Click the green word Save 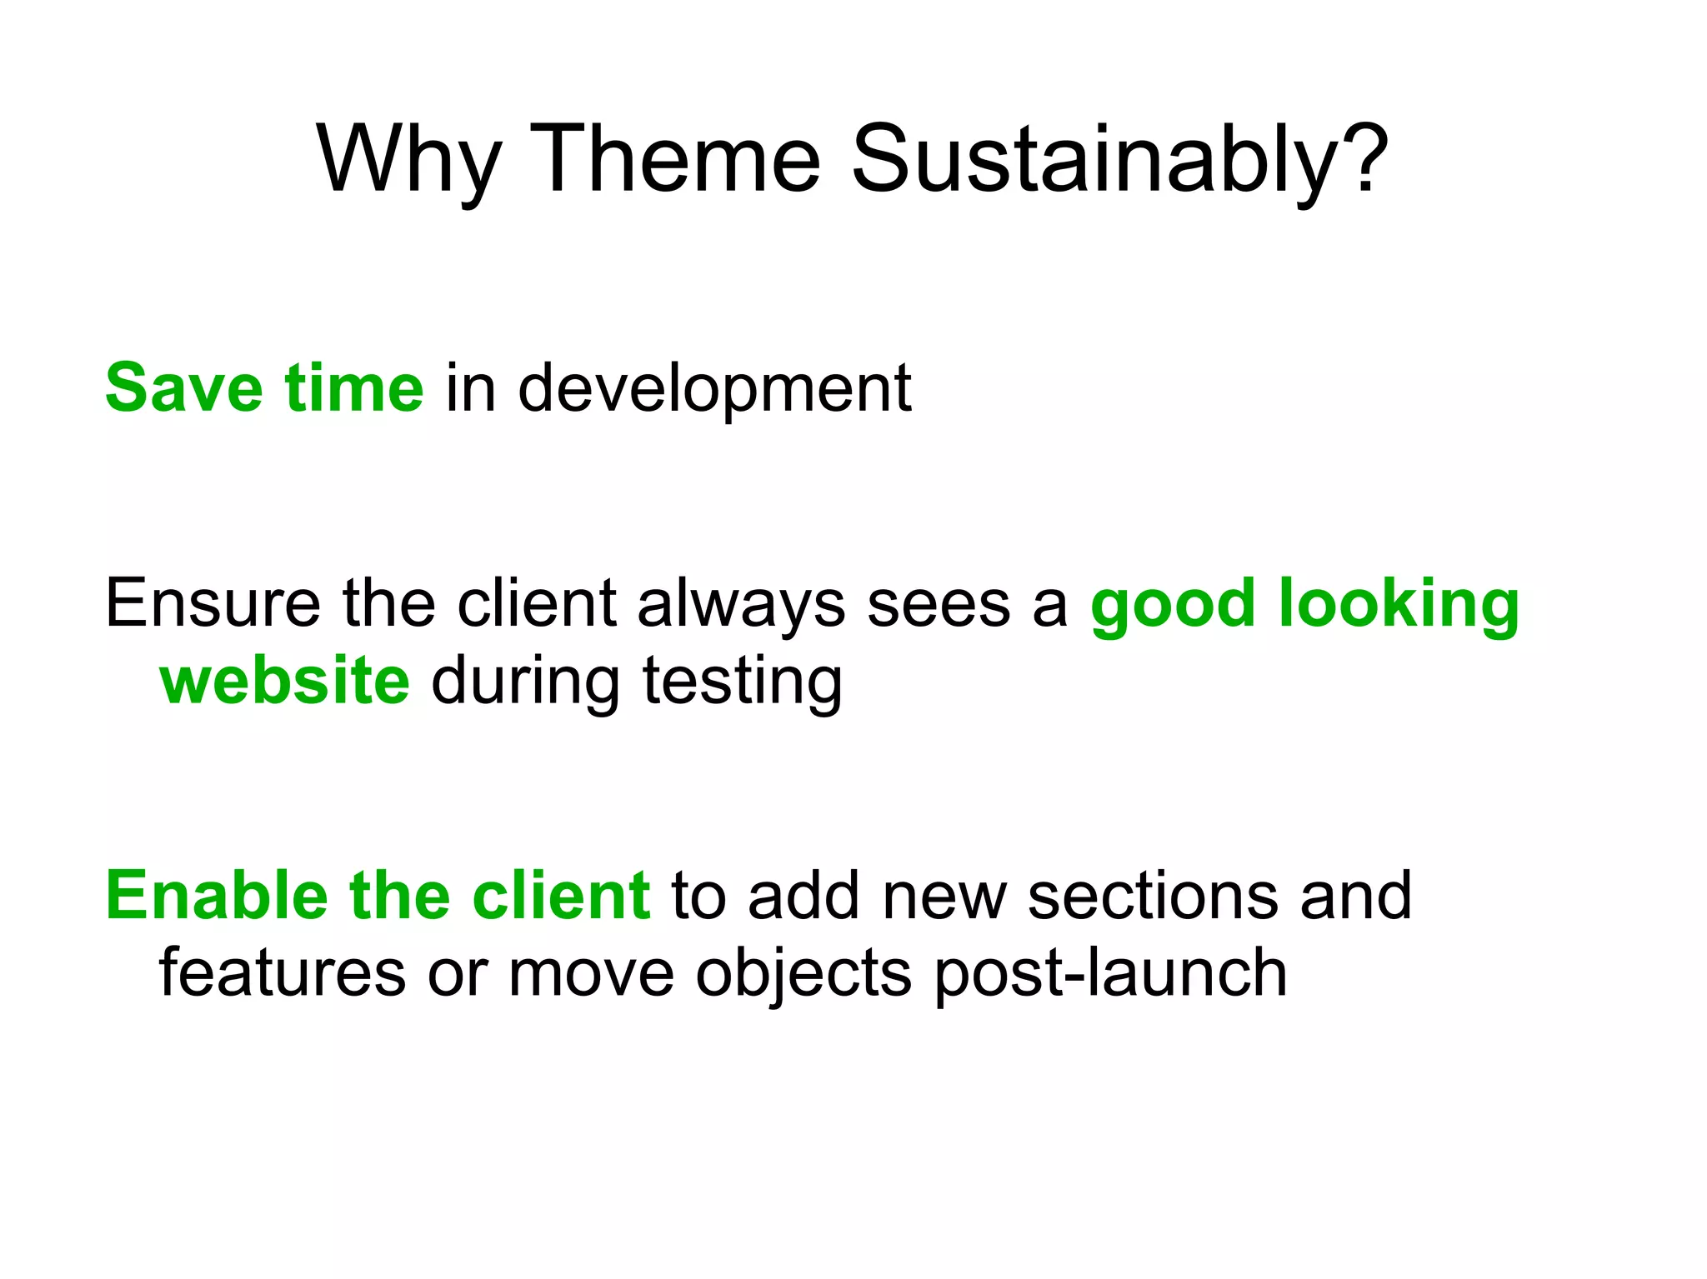pos(183,387)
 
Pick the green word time pos(353,387)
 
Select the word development pos(714,389)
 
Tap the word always pos(741,605)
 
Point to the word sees pos(939,605)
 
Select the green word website pos(284,681)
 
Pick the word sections pos(1153,897)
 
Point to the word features pos(282,972)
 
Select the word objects pos(803,974)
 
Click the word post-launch pos(1110,974)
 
